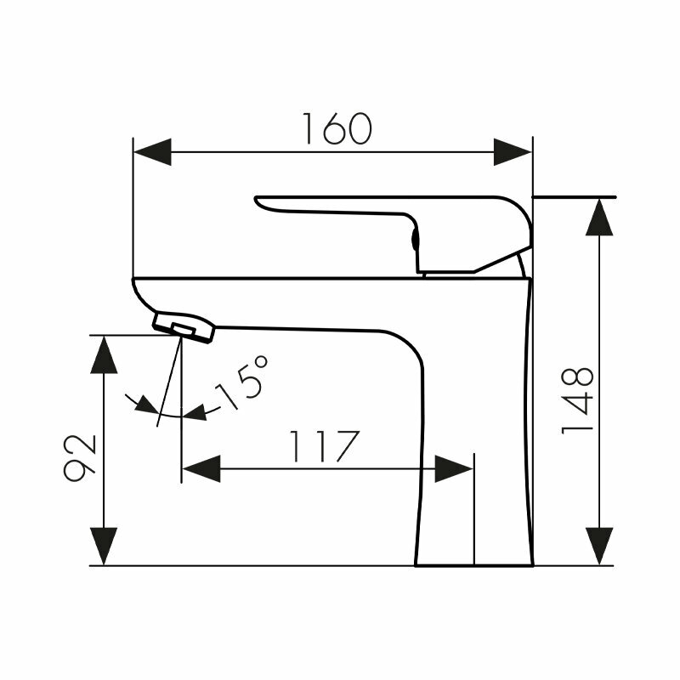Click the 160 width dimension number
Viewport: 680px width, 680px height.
coord(337,128)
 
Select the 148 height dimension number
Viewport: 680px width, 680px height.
coord(578,400)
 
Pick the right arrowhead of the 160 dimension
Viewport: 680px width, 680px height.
coord(513,153)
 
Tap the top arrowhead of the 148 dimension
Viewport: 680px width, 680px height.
coord(600,216)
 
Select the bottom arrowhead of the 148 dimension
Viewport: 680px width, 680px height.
coord(600,546)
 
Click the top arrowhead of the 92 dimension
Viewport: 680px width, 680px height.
coord(104,354)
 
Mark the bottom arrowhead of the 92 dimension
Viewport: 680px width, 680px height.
coord(104,547)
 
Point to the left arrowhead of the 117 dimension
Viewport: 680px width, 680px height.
coord(201,468)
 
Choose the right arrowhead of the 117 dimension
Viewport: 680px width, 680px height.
coord(454,468)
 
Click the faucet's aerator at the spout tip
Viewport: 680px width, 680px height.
coord(184,326)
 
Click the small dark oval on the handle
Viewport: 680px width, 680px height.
coord(416,240)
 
